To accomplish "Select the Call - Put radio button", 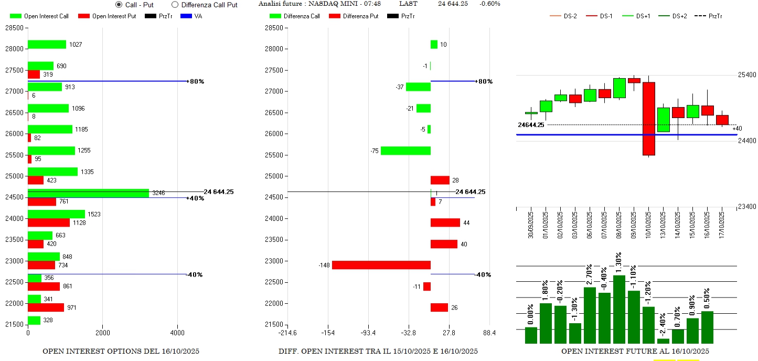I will point(119,5).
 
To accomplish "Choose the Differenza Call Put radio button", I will point(175,5).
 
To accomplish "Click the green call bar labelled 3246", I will point(88,193).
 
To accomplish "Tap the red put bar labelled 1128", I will point(48,222).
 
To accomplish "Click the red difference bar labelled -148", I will point(381,265).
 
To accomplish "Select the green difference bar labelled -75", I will point(405,151).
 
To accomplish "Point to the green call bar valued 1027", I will point(47,45).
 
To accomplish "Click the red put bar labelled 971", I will point(46,307).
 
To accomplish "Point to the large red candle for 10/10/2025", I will point(648,119).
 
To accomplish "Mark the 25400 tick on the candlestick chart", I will point(746,75).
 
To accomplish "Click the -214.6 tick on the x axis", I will point(287,333).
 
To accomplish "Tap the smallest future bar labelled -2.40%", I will point(663,341).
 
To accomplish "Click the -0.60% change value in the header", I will point(489,4).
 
